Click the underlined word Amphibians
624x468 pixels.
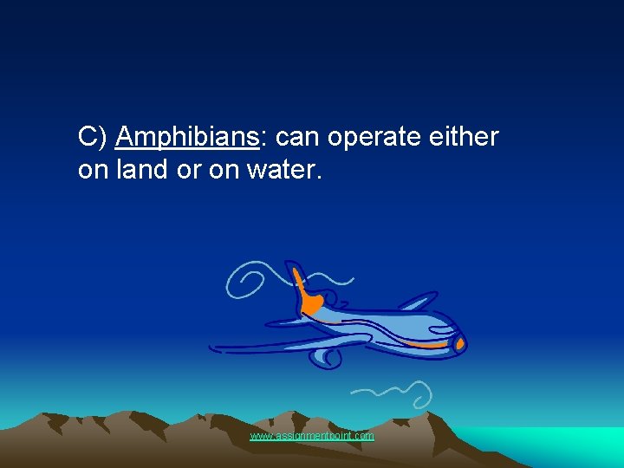(x=186, y=138)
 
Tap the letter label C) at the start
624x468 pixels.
(x=93, y=138)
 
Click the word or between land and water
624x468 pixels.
(x=188, y=170)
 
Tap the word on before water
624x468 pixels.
(x=224, y=170)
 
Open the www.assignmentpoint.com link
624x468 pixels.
(x=312, y=436)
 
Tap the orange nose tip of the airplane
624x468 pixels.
(x=461, y=345)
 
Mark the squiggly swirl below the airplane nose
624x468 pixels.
(x=407, y=394)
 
